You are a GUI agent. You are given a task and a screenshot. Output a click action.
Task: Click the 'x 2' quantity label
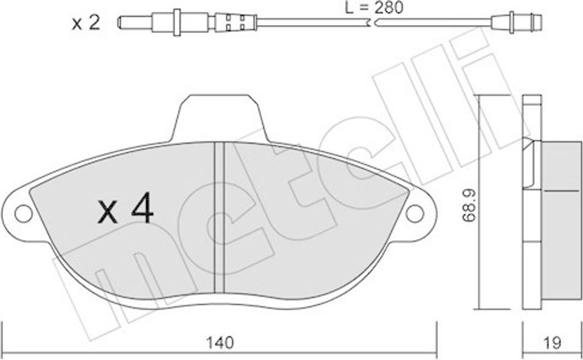click(86, 23)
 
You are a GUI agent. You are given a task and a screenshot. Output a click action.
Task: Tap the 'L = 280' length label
click(374, 7)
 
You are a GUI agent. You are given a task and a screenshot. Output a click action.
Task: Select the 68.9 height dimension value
click(469, 206)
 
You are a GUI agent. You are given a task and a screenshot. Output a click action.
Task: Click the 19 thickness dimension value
click(552, 342)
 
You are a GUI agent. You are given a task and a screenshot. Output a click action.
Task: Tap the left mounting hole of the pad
click(23, 214)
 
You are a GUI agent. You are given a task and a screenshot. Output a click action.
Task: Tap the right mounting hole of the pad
click(414, 214)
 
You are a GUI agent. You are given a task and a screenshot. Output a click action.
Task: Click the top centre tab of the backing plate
click(219, 117)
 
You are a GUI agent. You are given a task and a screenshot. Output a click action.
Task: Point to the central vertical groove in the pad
click(219, 218)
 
